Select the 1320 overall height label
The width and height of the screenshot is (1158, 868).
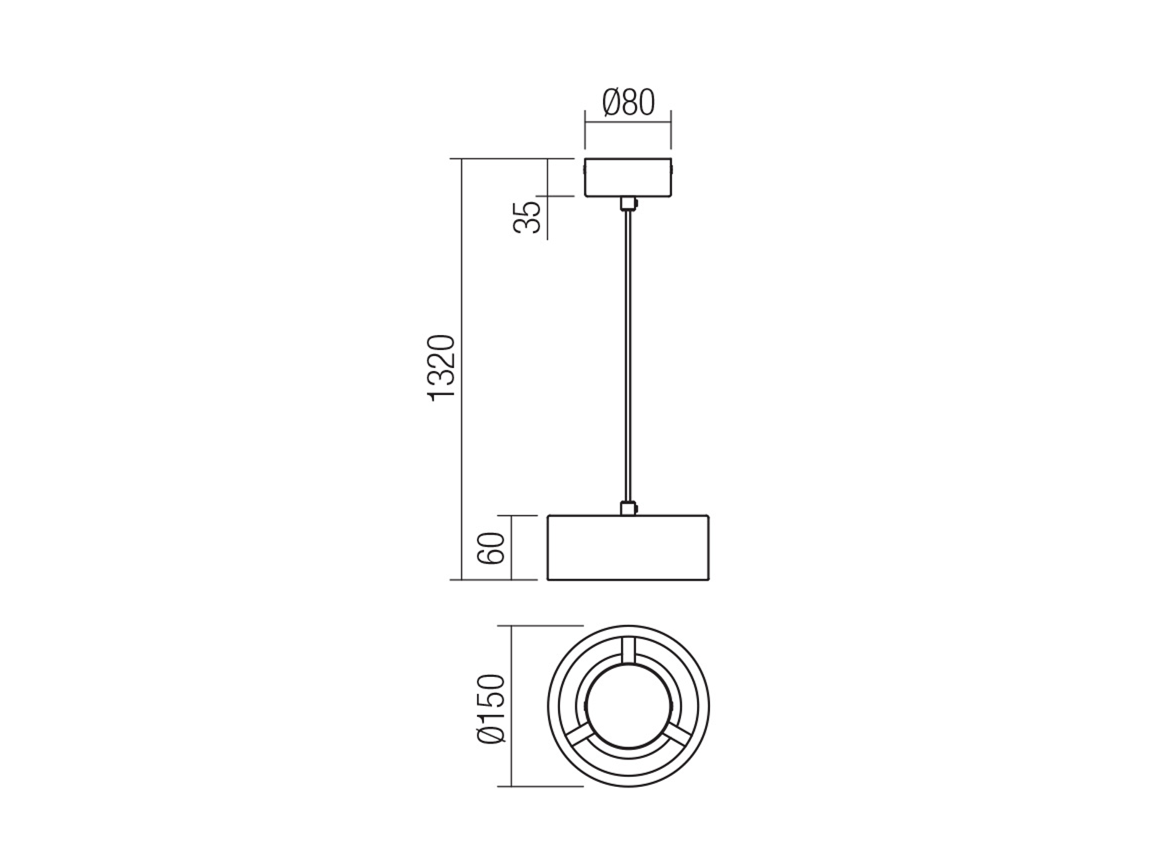click(x=441, y=368)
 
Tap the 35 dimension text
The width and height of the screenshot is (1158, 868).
click(x=527, y=216)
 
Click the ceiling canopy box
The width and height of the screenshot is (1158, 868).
click(x=627, y=178)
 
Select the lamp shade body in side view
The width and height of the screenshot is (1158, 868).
click(x=627, y=548)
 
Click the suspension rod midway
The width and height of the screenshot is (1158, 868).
click(x=627, y=357)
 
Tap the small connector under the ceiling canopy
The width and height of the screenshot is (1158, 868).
click(x=628, y=204)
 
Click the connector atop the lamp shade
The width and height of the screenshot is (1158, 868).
click(x=628, y=508)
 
